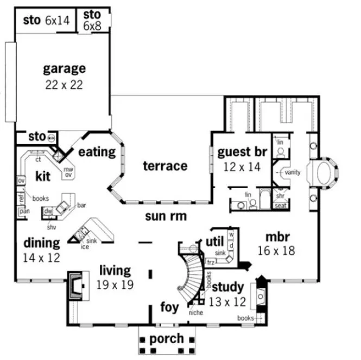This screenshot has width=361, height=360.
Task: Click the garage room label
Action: point(65,69)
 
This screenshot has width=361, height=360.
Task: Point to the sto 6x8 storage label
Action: point(92,20)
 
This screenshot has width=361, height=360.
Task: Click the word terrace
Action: point(165,166)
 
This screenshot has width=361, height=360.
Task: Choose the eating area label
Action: point(97,152)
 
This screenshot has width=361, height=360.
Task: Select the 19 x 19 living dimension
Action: point(114,284)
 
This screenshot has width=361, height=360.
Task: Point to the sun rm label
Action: point(166,216)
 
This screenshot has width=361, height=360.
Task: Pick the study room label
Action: point(227,286)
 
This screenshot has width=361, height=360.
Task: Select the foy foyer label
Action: point(169,307)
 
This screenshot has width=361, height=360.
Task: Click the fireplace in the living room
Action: point(75,286)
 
